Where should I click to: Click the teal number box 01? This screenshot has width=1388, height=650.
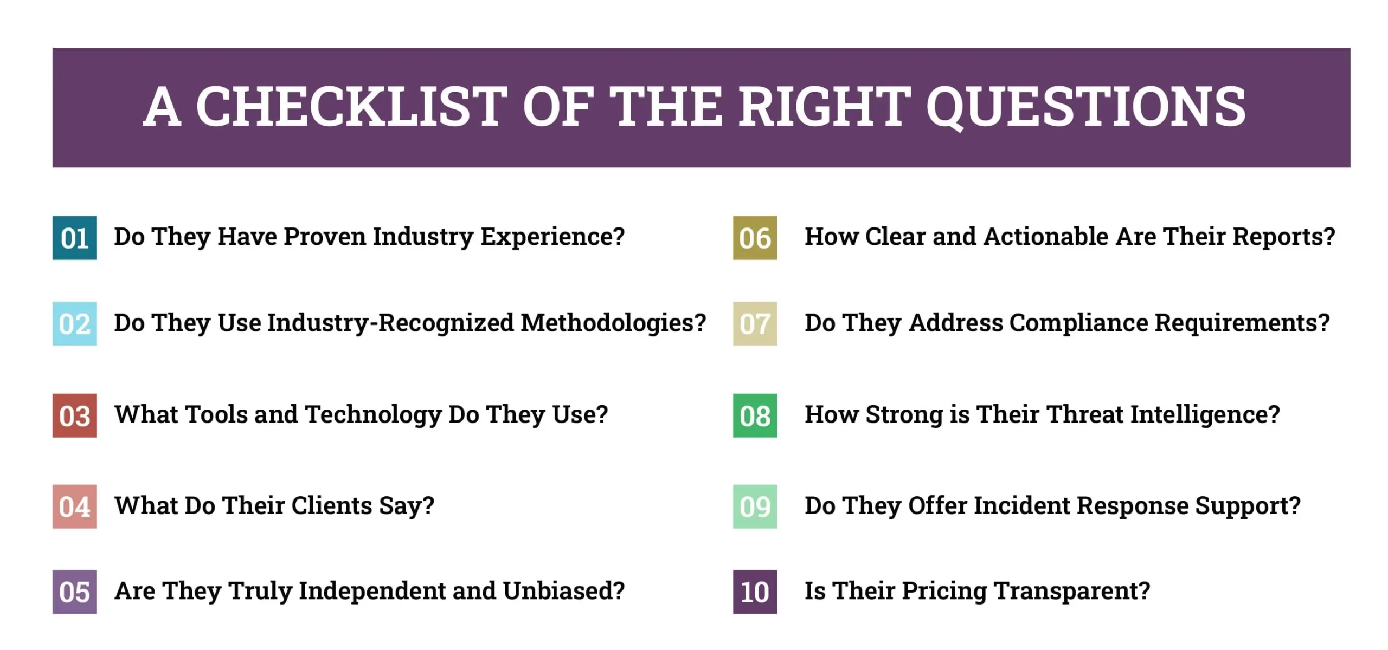point(74,238)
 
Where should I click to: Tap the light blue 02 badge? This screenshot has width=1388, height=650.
point(74,323)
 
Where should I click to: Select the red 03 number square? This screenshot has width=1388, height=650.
point(74,415)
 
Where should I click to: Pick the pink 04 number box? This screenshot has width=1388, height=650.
point(74,506)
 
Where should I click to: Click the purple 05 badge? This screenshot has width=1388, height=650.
point(74,592)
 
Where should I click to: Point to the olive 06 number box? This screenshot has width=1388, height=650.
point(755,238)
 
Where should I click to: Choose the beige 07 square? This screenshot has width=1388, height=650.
point(755,323)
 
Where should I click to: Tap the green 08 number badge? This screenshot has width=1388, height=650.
point(755,415)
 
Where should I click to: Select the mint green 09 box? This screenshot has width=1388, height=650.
point(755,506)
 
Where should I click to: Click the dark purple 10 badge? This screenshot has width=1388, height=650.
point(755,592)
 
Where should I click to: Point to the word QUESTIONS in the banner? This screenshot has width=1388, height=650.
point(1086,107)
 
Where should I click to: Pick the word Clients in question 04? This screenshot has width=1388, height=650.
point(332,505)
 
